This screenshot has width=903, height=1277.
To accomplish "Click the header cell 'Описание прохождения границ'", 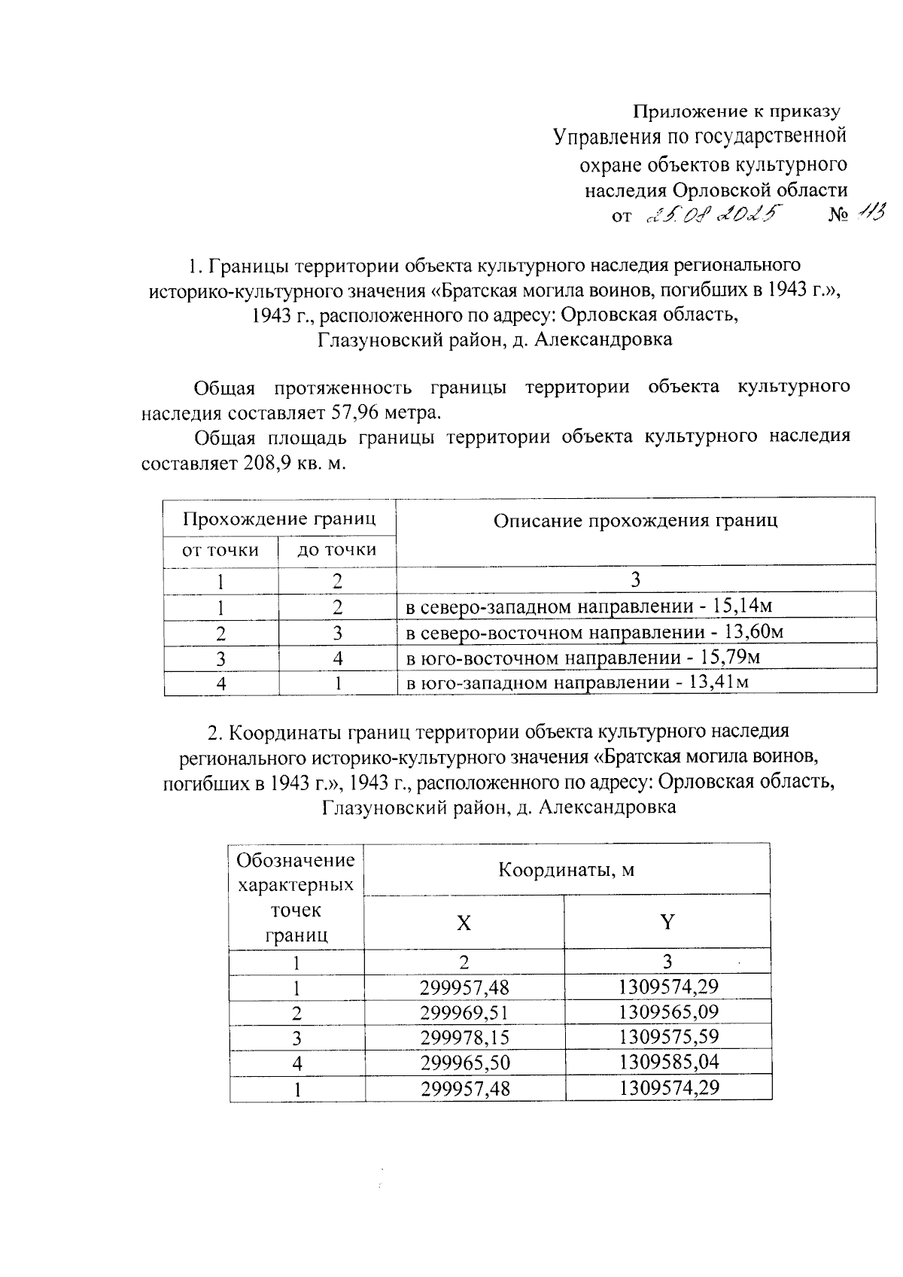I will point(635,521).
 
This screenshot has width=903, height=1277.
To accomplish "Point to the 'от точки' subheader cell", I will point(220,550).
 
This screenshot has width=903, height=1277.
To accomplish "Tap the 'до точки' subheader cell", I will point(337,550).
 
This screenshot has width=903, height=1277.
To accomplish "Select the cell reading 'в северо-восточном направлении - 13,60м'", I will point(594,632).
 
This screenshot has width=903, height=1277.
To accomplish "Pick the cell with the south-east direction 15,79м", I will point(583,658).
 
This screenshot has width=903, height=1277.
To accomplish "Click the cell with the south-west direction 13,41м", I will point(577,683).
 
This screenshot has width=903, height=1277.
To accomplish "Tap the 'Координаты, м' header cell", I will point(566,870).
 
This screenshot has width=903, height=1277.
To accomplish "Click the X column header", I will point(464,923).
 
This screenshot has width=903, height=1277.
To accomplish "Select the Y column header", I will point(667,922).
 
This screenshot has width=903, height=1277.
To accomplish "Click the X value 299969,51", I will point(465,1013).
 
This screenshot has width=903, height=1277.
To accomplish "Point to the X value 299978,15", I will point(465,1038).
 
